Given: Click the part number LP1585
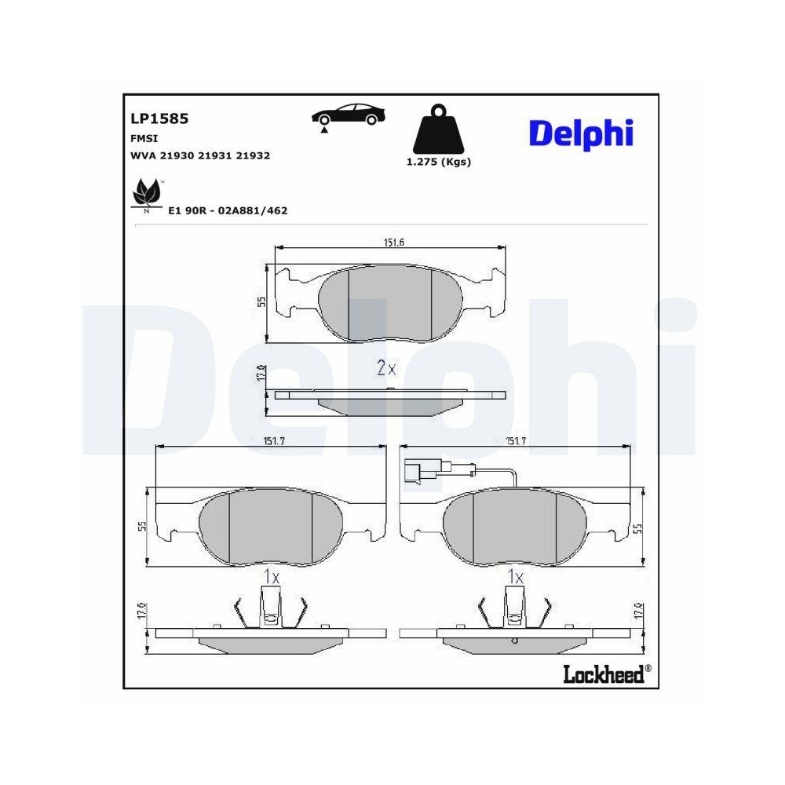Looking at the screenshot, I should point(159,119).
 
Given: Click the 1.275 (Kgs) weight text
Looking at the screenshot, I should point(438,162).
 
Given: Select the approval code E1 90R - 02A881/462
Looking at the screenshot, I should point(228,210).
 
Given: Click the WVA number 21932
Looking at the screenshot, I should point(253,156).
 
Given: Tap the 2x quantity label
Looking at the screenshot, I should point(385,367).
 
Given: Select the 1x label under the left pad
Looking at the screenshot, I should point(271,577).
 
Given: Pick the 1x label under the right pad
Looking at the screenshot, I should point(516,577).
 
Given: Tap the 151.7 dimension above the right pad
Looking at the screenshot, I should point(514,442).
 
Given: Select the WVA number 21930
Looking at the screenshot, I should point(177,156).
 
